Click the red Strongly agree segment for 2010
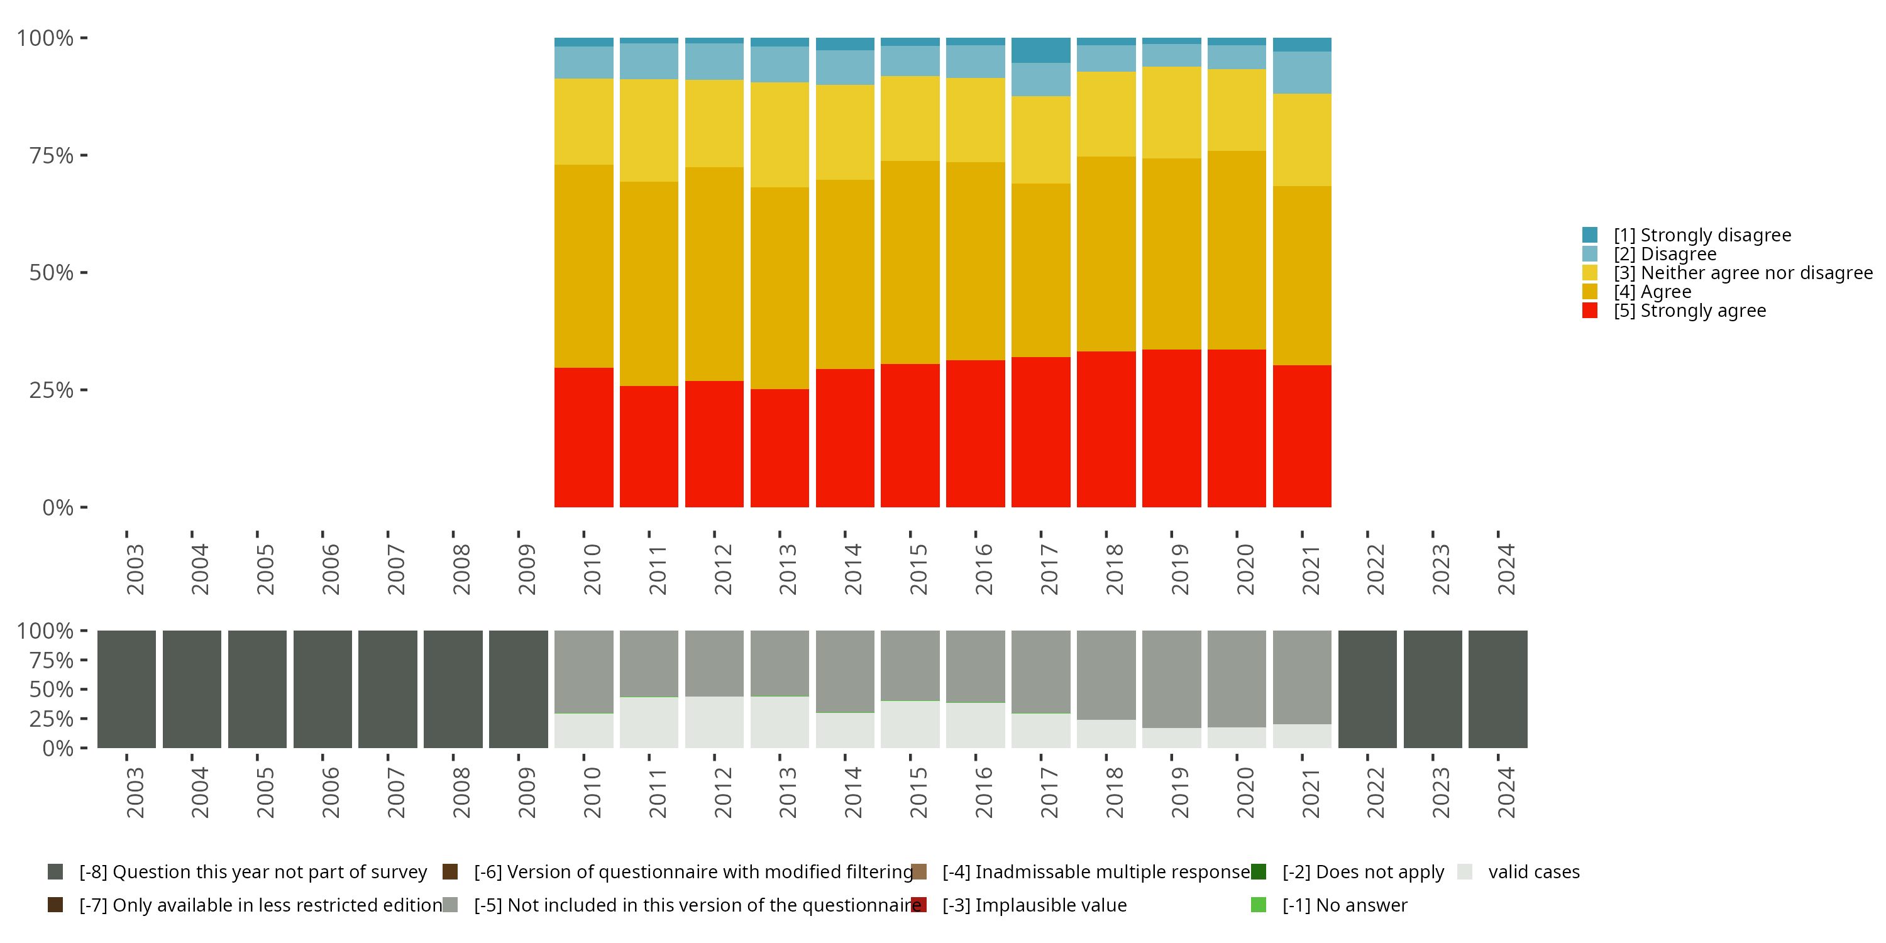tap(583, 437)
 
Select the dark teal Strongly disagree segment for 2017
tap(1040, 50)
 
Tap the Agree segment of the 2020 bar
tap(1236, 250)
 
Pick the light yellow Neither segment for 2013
tap(780, 135)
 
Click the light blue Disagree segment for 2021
tap(1302, 72)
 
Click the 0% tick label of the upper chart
tap(57, 507)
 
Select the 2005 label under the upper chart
tap(265, 569)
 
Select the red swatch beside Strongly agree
tap(1589, 311)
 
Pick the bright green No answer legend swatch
tap(1259, 905)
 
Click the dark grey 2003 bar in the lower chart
tap(126, 689)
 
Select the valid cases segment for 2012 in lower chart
tap(714, 722)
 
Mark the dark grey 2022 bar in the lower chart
tap(1367, 689)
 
